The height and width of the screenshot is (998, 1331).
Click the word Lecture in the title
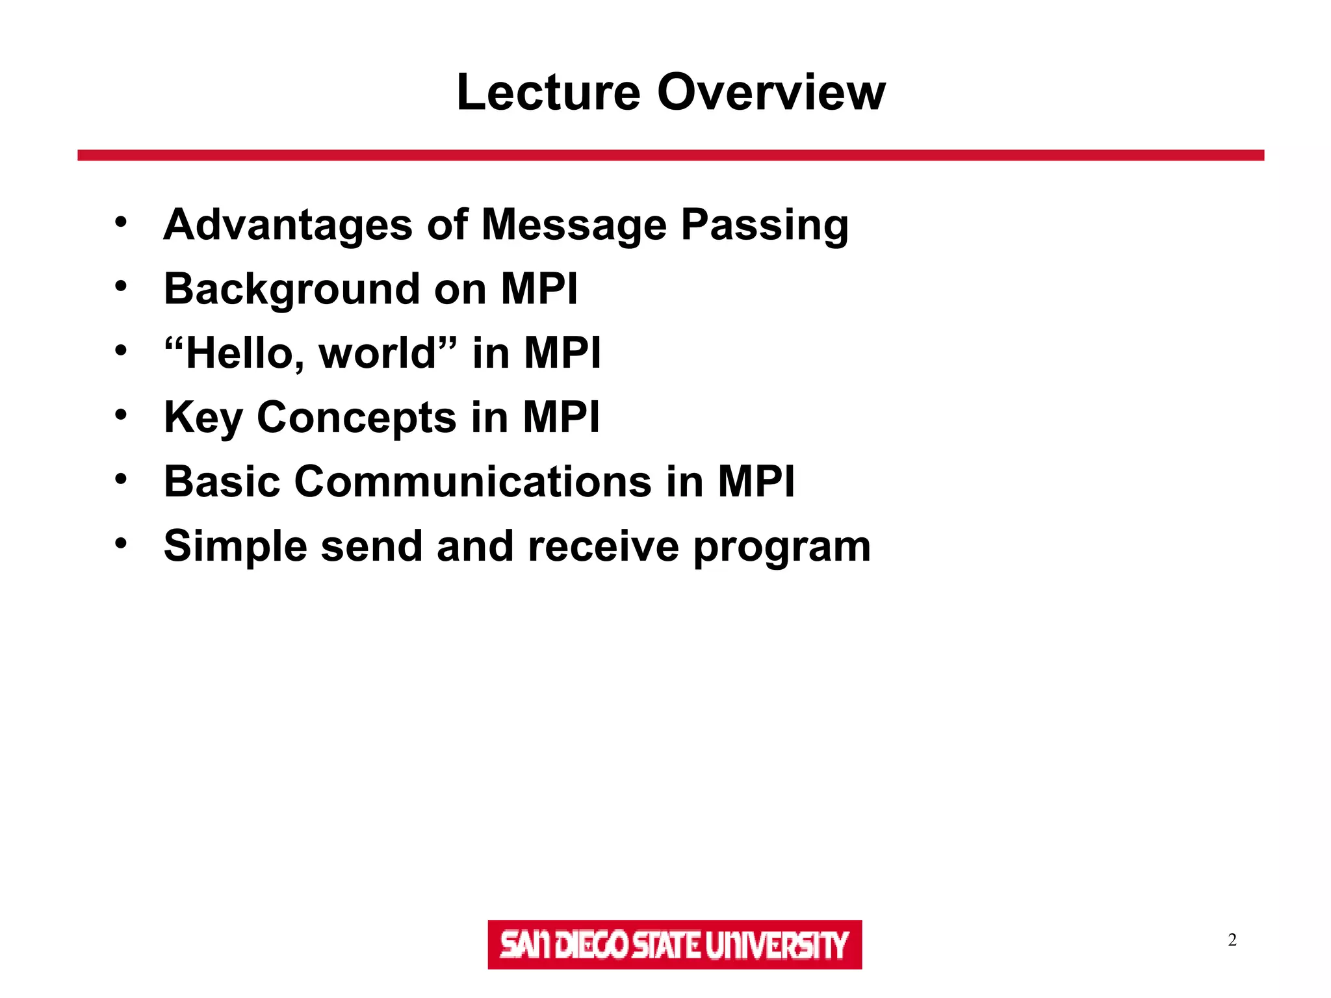(549, 92)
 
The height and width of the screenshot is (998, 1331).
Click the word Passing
(764, 225)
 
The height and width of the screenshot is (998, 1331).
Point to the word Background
(292, 289)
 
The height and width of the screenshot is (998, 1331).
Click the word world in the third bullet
(377, 353)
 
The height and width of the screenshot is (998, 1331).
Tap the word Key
(202, 418)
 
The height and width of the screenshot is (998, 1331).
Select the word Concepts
(356, 418)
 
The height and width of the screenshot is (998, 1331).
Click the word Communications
(472, 482)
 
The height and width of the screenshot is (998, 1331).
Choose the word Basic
(222, 482)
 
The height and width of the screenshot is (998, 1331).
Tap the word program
(782, 547)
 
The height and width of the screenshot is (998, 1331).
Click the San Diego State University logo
(675, 944)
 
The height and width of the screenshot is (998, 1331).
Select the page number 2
(1232, 940)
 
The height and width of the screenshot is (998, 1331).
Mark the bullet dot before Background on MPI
(121, 287)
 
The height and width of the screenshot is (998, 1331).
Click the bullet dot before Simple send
(121, 543)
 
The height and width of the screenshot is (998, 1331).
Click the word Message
(574, 225)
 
